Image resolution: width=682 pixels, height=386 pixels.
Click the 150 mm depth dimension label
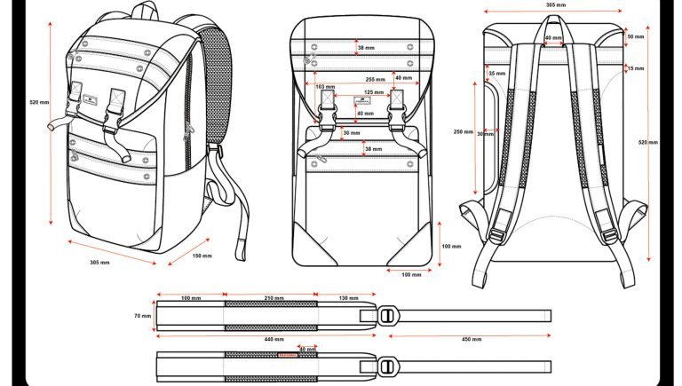pyautogui.click(x=202, y=256)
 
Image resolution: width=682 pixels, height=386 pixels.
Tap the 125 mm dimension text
pyautogui.click(x=374, y=92)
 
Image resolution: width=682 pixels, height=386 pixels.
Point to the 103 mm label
pyautogui.click(x=325, y=87)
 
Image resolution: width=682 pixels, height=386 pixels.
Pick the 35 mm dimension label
pyautogui.click(x=497, y=73)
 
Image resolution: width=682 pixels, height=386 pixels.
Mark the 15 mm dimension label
pyautogui.click(x=635, y=68)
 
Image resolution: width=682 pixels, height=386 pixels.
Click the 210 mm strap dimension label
pyautogui.click(x=274, y=298)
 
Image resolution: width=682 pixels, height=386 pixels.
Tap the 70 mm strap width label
pyautogui.click(x=141, y=315)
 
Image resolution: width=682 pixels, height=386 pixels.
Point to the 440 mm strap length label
pyautogui.click(x=274, y=339)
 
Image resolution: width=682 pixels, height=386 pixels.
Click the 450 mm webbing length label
pyautogui.click(x=471, y=339)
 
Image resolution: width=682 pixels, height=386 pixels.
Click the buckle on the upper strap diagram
pyautogui.click(x=387, y=315)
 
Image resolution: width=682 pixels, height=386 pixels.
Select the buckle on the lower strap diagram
pyautogui.click(x=387, y=365)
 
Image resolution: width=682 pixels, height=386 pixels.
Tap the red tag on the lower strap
pyautogui.click(x=288, y=355)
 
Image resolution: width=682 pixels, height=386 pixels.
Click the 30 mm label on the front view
pyautogui.click(x=353, y=134)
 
